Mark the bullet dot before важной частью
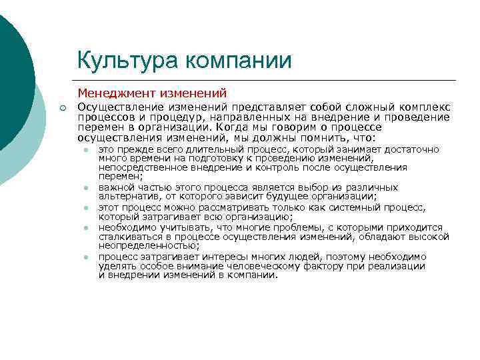point(87,189)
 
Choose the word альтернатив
point(125,197)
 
